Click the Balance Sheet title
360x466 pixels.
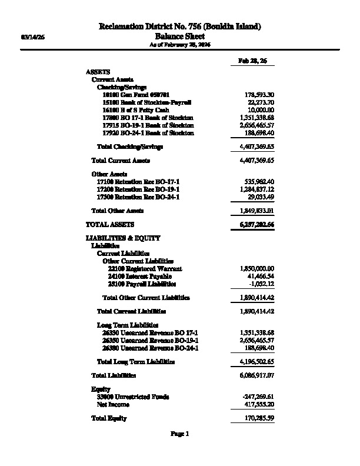click(x=179, y=36)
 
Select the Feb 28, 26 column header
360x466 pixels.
click(x=252, y=61)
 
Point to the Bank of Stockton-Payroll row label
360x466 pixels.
click(x=146, y=102)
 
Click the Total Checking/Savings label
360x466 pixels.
click(x=129, y=147)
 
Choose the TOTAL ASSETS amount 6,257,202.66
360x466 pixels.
click(x=254, y=225)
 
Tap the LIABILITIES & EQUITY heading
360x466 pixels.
click(x=122, y=238)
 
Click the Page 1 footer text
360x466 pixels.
click(x=179, y=434)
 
